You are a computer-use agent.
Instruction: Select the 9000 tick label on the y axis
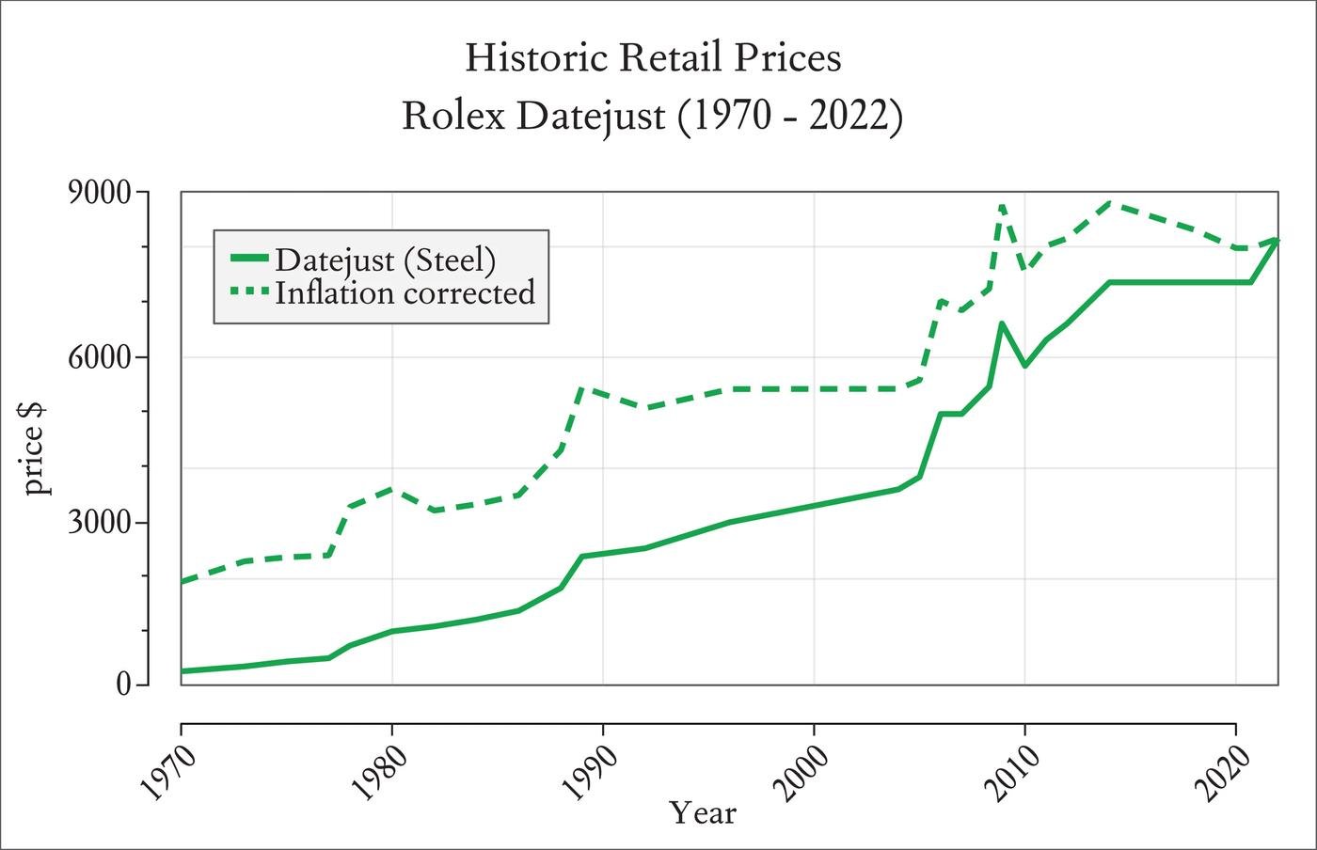click(101, 193)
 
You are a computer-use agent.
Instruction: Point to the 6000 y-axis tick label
click(101, 358)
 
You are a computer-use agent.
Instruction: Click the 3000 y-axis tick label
click(101, 524)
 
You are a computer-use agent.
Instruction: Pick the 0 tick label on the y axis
click(122, 685)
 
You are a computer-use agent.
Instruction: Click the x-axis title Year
click(703, 812)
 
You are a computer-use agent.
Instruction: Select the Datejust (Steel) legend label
click(385, 259)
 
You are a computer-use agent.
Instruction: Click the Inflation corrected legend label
click(405, 292)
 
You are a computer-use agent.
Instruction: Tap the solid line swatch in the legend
click(249, 258)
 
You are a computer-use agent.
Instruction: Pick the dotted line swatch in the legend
click(249, 291)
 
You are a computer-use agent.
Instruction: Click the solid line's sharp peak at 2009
click(1001, 323)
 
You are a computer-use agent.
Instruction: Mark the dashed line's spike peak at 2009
click(1002, 204)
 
